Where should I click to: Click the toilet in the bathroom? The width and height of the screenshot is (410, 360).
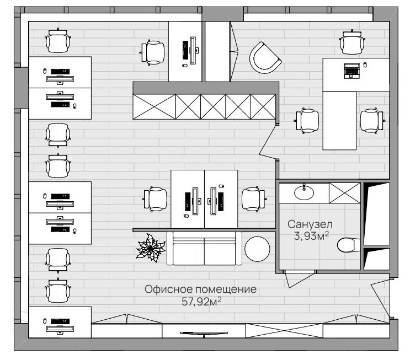pyautogui.click(x=348, y=245)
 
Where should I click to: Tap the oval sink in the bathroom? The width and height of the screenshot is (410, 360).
pyautogui.click(x=304, y=193)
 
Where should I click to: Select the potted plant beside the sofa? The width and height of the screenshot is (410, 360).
pyautogui.click(x=151, y=248)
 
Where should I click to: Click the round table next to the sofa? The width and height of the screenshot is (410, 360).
pyautogui.click(x=257, y=249)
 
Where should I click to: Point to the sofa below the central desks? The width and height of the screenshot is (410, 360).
pyautogui.click(x=205, y=249)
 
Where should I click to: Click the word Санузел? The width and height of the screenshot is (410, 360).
pyautogui.click(x=310, y=224)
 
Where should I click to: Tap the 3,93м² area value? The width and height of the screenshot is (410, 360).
pyautogui.click(x=311, y=235)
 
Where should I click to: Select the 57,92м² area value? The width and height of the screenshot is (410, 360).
pyautogui.click(x=201, y=302)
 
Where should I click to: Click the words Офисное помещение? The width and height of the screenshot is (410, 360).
pyautogui.click(x=200, y=289)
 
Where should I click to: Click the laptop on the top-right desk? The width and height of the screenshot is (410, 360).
pyautogui.click(x=352, y=71)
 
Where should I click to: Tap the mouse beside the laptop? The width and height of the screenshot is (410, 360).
pyautogui.click(x=365, y=65)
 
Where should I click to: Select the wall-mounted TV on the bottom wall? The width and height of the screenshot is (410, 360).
pyautogui.click(x=204, y=334)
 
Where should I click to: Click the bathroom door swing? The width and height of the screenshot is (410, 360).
pyautogui.click(x=300, y=278)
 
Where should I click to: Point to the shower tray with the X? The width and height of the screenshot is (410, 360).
pyautogui.click(x=345, y=193)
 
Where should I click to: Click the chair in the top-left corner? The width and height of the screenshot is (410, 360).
pyautogui.click(x=58, y=40)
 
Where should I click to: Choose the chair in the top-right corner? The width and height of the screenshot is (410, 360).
pyautogui.click(x=352, y=42)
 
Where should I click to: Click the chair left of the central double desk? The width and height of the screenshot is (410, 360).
pyautogui.click(x=155, y=199)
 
